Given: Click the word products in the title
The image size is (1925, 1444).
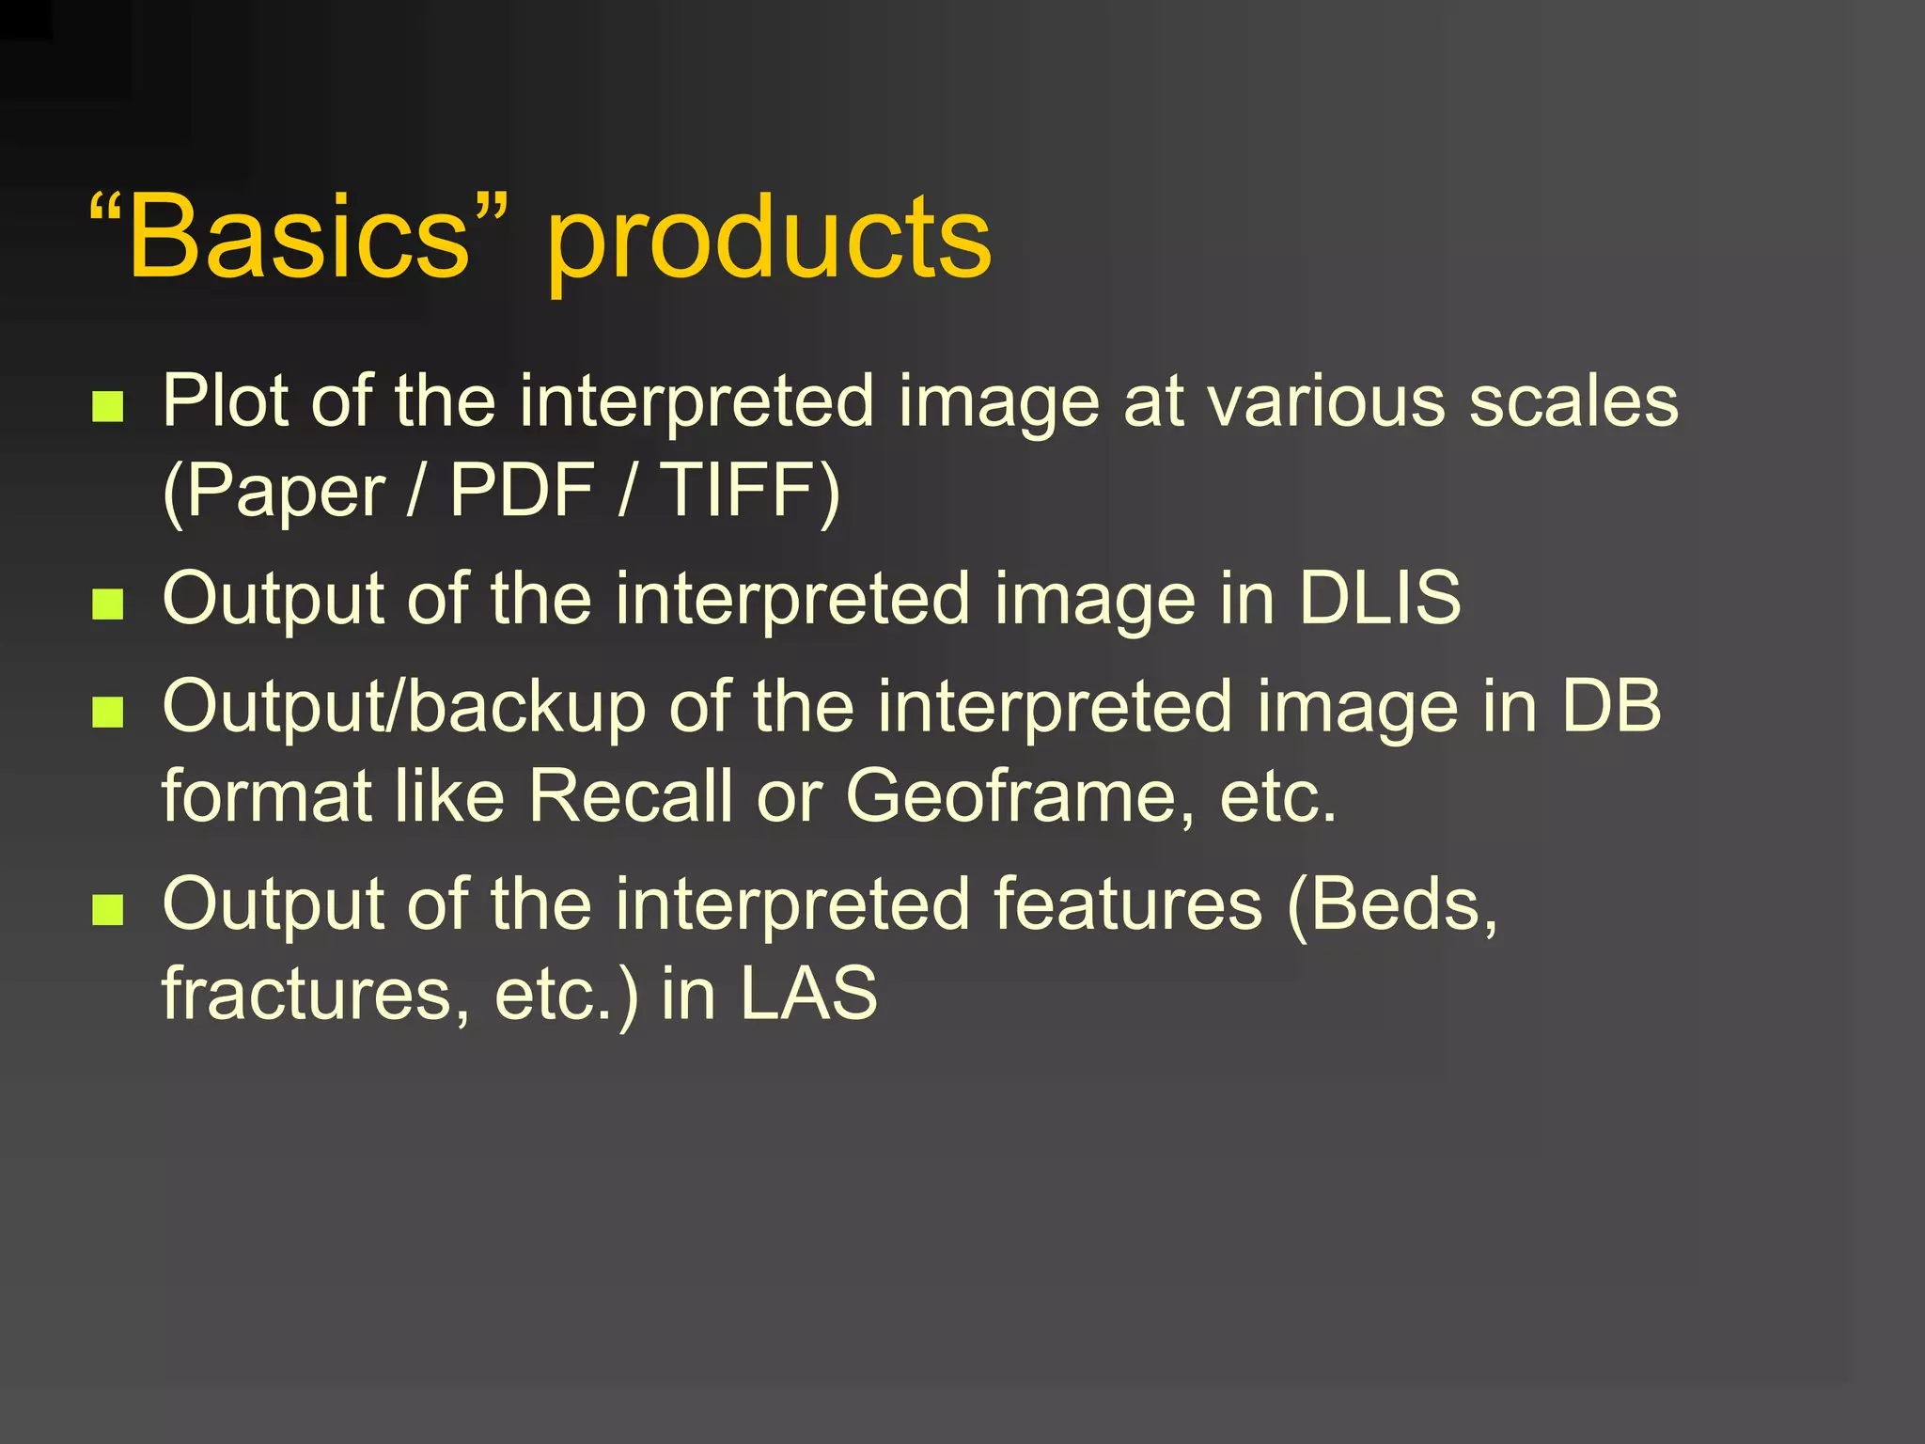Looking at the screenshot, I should point(768,240).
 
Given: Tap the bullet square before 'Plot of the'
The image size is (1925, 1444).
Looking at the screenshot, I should point(108,407).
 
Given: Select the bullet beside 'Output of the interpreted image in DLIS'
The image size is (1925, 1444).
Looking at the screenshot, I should point(108,604).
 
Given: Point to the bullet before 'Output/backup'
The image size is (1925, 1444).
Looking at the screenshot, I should point(108,712).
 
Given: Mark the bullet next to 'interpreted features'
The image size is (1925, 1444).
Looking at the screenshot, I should point(108,909).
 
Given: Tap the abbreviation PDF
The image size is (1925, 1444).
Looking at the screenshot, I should point(522,490).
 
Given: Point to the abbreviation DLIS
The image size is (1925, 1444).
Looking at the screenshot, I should point(1379,598).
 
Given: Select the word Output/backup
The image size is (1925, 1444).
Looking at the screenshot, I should point(404,707).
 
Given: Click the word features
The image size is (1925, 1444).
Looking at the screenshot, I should point(1128,903).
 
